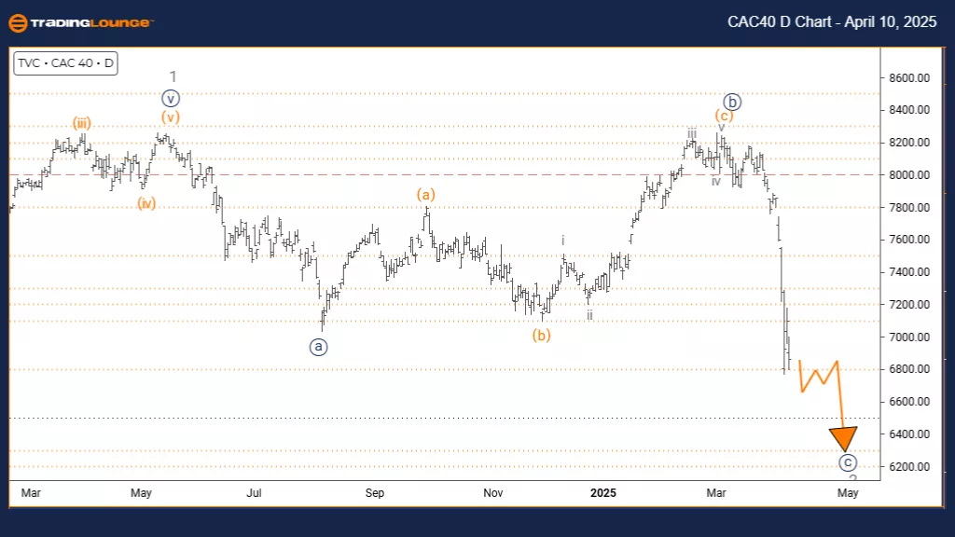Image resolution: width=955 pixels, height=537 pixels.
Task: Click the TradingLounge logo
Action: click(x=80, y=23)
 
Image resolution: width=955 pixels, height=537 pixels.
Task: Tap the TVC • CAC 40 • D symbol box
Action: click(x=66, y=64)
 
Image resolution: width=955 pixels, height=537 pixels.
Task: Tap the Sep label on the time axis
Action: click(x=374, y=491)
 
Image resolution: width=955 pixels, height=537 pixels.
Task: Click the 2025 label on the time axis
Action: click(x=603, y=491)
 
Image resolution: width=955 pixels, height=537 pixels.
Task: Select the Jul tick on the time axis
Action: click(x=253, y=491)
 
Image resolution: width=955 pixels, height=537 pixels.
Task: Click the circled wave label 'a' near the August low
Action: click(x=319, y=346)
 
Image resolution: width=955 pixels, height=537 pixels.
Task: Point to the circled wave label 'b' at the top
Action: click(x=733, y=103)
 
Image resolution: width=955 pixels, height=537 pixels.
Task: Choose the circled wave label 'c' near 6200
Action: click(x=847, y=461)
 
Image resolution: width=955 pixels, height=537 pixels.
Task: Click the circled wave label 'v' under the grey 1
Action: click(x=169, y=97)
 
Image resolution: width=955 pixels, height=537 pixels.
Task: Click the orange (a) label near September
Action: click(x=425, y=195)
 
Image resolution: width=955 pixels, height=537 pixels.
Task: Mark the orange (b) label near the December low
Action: click(x=542, y=336)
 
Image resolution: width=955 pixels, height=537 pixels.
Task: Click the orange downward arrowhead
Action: click(x=844, y=437)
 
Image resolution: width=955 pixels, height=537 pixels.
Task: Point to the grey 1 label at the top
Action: click(x=173, y=76)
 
